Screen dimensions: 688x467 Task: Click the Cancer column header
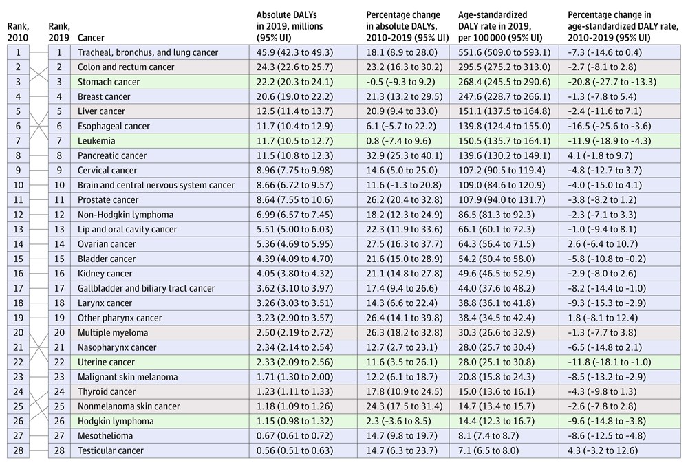click(x=91, y=38)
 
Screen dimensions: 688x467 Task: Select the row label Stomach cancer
click(x=109, y=82)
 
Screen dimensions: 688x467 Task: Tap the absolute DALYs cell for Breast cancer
click(x=295, y=96)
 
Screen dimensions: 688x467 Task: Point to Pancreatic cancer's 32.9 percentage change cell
click(x=402, y=155)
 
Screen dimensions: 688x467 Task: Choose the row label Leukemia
click(x=96, y=141)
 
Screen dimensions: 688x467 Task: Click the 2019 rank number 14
click(x=59, y=244)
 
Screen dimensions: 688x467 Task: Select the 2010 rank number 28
click(x=18, y=450)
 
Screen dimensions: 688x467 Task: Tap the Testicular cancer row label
click(x=111, y=450)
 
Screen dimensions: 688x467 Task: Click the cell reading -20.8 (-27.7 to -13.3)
click(x=612, y=82)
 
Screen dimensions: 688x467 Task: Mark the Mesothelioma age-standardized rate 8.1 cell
click(x=488, y=436)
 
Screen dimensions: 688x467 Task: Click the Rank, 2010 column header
click(x=18, y=32)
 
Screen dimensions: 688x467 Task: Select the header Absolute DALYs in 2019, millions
click(x=290, y=26)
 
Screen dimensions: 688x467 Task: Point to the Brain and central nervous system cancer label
click(x=156, y=185)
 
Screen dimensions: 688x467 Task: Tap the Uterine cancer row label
click(x=106, y=362)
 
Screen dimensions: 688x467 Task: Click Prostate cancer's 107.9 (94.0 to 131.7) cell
click(x=502, y=200)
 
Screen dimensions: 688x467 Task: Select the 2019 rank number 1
click(x=59, y=53)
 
